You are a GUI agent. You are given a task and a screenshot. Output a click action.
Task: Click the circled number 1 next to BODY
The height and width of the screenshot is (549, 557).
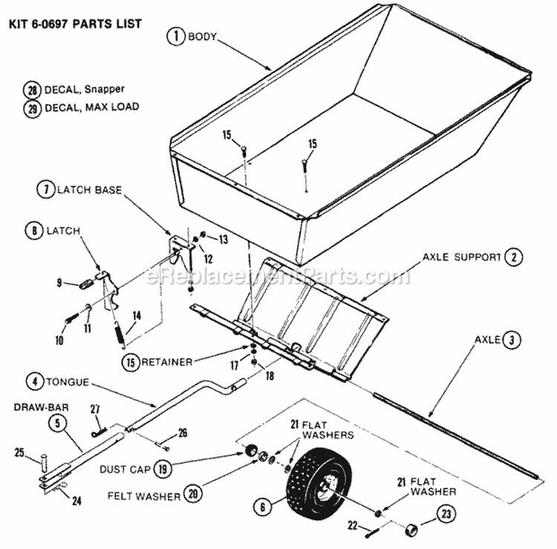(x=175, y=36)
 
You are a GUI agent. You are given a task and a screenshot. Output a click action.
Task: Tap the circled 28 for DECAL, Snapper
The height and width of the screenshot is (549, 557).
(x=31, y=90)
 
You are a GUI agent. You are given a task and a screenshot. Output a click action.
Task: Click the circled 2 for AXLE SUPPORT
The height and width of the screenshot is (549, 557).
(x=512, y=257)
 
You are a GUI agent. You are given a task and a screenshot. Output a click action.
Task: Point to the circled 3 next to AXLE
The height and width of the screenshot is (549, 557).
(x=511, y=341)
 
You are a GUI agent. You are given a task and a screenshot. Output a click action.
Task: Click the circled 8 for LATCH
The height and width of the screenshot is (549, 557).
(x=33, y=231)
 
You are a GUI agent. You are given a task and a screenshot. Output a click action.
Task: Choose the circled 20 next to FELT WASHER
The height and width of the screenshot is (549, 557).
(x=192, y=494)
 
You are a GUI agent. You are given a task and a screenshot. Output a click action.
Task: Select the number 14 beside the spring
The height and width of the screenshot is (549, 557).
(x=135, y=314)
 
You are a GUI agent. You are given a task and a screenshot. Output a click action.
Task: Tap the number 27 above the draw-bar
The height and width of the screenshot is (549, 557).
(x=94, y=408)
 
